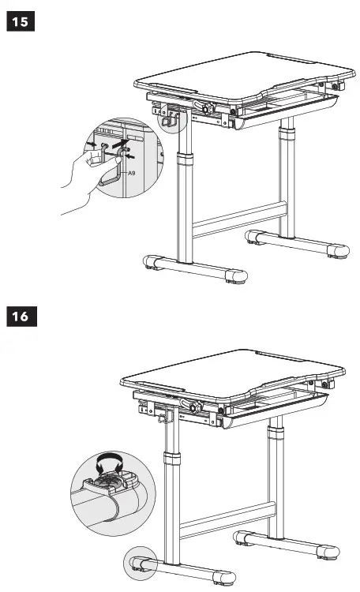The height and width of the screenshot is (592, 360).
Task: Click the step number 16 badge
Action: click(x=21, y=317)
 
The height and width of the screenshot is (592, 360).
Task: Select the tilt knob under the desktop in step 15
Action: click(x=210, y=109)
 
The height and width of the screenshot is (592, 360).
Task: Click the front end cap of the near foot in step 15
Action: click(x=235, y=275)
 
